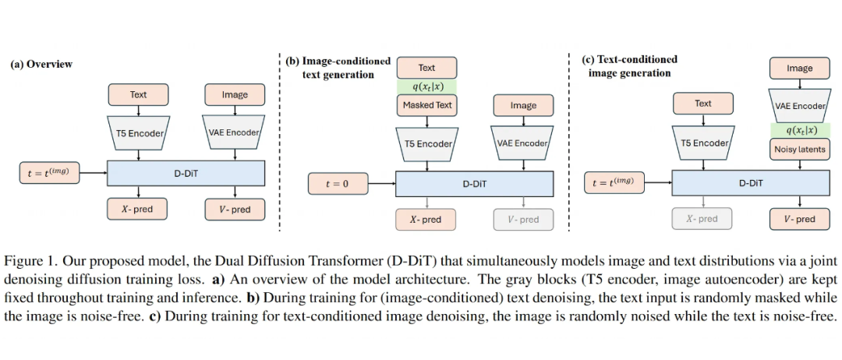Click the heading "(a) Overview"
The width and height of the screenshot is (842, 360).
41,64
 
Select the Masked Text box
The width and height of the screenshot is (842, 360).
426,104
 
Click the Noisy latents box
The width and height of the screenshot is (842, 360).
800,149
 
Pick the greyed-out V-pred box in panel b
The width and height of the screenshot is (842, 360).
523,220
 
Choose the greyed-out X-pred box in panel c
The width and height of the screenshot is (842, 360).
702,219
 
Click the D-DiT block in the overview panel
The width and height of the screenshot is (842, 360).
186,173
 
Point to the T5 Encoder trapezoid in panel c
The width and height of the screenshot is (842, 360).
703,143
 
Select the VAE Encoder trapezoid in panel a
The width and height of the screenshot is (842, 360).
234,132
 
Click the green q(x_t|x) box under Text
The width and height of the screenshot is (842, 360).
426,86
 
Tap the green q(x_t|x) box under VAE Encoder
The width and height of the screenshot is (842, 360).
800,130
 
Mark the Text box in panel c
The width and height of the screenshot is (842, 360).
702,103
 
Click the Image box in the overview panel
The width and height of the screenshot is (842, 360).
234,94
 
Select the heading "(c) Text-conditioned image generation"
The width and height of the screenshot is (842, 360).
630,65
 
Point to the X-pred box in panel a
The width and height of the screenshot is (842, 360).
137,209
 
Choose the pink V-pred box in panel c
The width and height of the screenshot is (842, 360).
800,219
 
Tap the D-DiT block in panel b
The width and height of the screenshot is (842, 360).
475,185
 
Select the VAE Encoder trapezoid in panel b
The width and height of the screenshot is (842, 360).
522,143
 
